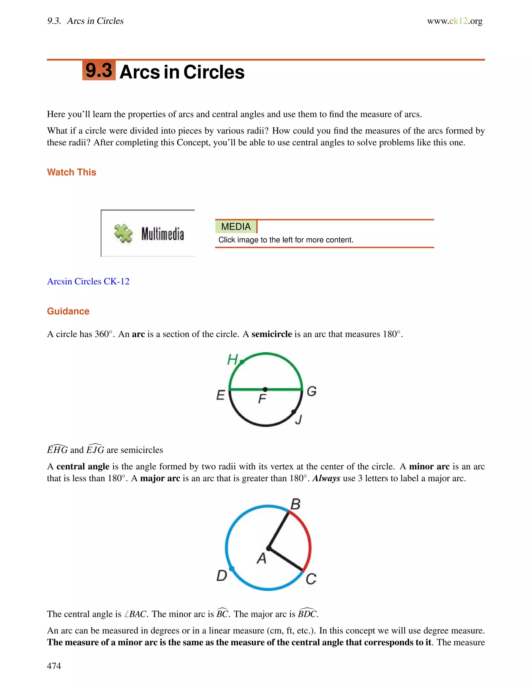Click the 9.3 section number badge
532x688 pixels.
pos(99,70)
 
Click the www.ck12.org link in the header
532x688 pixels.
pos(455,21)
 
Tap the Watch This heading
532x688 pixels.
pos(71,172)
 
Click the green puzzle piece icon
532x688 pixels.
pos(123,233)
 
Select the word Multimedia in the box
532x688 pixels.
pos(162,234)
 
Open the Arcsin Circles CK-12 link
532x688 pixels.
pos(88,281)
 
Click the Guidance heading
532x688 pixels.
pos(68,311)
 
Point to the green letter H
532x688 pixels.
pos(232,359)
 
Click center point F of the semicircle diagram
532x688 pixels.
pos(265,390)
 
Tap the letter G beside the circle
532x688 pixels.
pos(311,392)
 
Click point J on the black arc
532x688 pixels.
pos(294,412)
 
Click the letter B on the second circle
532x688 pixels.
pos(295,504)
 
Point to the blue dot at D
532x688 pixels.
pos(231,569)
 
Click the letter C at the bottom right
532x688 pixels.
pos(311,579)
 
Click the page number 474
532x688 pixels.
pos(54,666)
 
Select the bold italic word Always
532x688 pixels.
pos(326,478)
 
